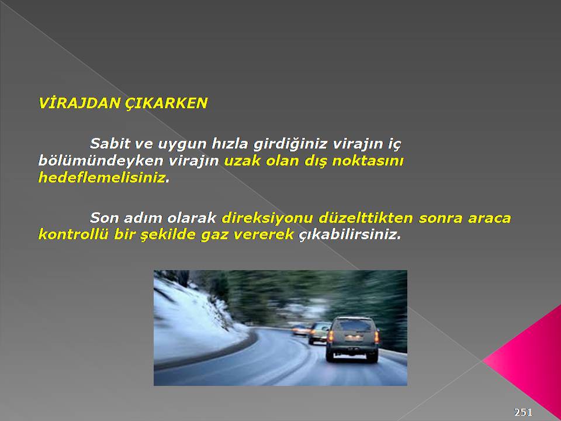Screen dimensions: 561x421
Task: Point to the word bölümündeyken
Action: pyautogui.click(x=101, y=161)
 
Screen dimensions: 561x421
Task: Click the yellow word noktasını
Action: pyautogui.click(x=368, y=161)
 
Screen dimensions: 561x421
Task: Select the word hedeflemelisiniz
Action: pyautogui.click(x=102, y=177)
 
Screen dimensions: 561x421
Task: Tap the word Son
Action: pyautogui.click(x=104, y=218)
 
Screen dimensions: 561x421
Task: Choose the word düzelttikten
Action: pyautogui.click(x=366, y=218)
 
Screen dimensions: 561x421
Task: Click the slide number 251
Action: pyautogui.click(x=524, y=412)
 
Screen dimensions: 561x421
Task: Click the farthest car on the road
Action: pyautogui.click(x=300, y=330)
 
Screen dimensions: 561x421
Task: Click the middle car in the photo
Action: pyautogui.click(x=318, y=333)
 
